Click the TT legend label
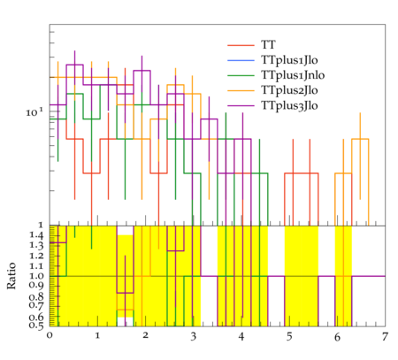click(x=268, y=45)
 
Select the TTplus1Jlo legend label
click(x=289, y=60)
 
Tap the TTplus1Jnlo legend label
click(x=293, y=75)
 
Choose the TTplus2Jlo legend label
click(x=289, y=90)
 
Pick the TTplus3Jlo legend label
click(x=289, y=105)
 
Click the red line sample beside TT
click(x=241, y=45)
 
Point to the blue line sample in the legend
click(x=241, y=60)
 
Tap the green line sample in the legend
click(x=241, y=75)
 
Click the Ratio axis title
click(x=11, y=276)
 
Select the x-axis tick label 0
click(x=50, y=336)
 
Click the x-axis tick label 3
click(x=193, y=336)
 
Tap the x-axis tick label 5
click(x=289, y=336)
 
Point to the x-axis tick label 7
click(x=385, y=336)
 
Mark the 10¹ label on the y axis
click(x=34, y=112)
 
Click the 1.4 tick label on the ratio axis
click(x=36, y=235)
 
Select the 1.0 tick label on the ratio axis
click(x=36, y=276)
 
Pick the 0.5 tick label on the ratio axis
click(x=36, y=326)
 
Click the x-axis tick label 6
click(x=337, y=336)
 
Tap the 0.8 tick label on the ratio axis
click(x=36, y=296)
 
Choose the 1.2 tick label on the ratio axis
click(x=36, y=256)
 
